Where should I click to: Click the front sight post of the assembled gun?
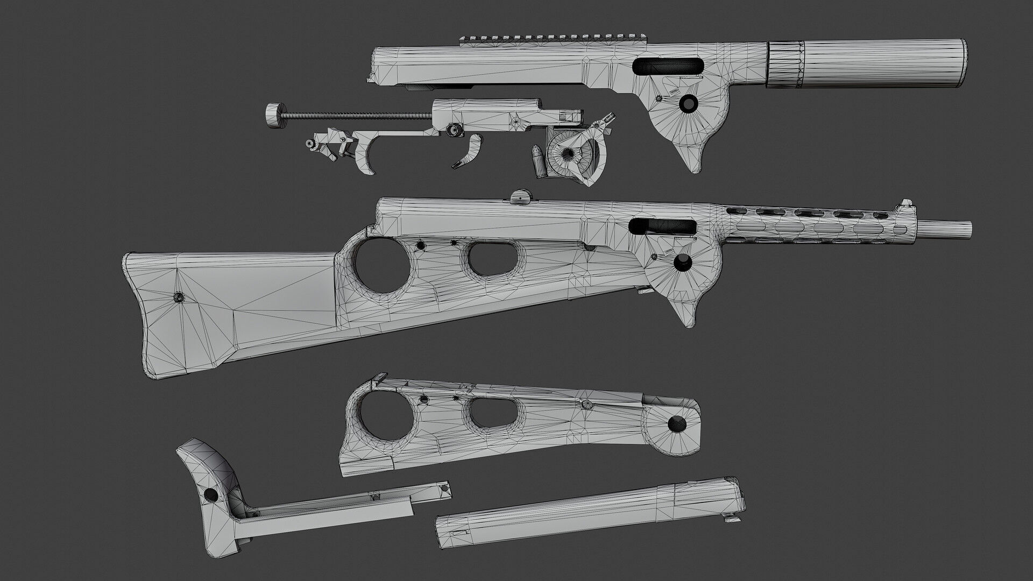coord(905,204)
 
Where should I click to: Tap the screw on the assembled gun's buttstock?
coord(178,297)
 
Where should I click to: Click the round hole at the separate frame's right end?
coord(677,424)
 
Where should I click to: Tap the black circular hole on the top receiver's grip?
coord(687,103)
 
